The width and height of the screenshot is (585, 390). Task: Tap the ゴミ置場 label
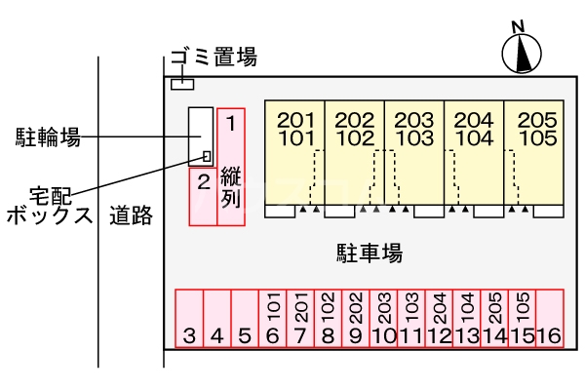pos(214,58)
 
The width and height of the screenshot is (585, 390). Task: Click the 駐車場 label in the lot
pos(363,253)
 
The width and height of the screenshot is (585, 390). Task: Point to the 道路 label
pos(131,216)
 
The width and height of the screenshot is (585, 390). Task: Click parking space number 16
pos(550,320)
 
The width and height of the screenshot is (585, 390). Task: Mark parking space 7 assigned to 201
pos(300,320)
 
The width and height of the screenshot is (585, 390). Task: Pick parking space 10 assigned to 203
pos(383,320)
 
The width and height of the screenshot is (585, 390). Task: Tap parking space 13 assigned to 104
pos(467,320)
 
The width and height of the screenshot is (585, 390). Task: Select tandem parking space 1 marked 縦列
pos(231,166)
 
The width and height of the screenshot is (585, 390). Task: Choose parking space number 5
pos(245,320)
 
